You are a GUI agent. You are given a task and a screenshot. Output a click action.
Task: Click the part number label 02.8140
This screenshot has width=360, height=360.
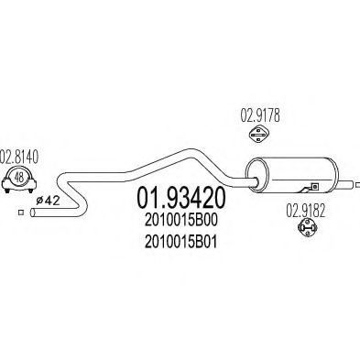(18, 155)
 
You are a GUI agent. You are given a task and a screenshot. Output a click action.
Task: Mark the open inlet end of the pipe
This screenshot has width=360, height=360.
(33, 213)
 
